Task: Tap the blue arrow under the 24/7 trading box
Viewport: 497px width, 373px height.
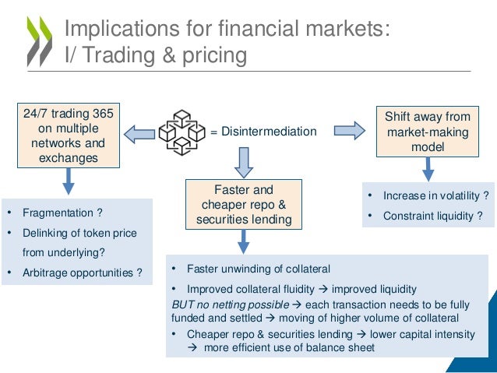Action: (x=69, y=181)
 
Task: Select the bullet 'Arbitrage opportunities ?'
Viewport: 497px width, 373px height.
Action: (x=81, y=273)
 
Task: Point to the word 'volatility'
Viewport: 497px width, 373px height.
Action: (x=457, y=195)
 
